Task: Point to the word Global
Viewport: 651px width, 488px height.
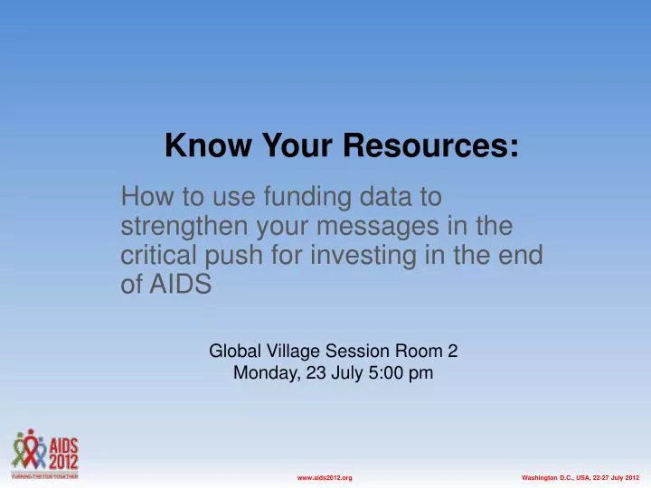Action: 232,350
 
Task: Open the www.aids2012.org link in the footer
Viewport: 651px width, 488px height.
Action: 325,476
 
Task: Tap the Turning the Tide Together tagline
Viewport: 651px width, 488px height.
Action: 45,473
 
